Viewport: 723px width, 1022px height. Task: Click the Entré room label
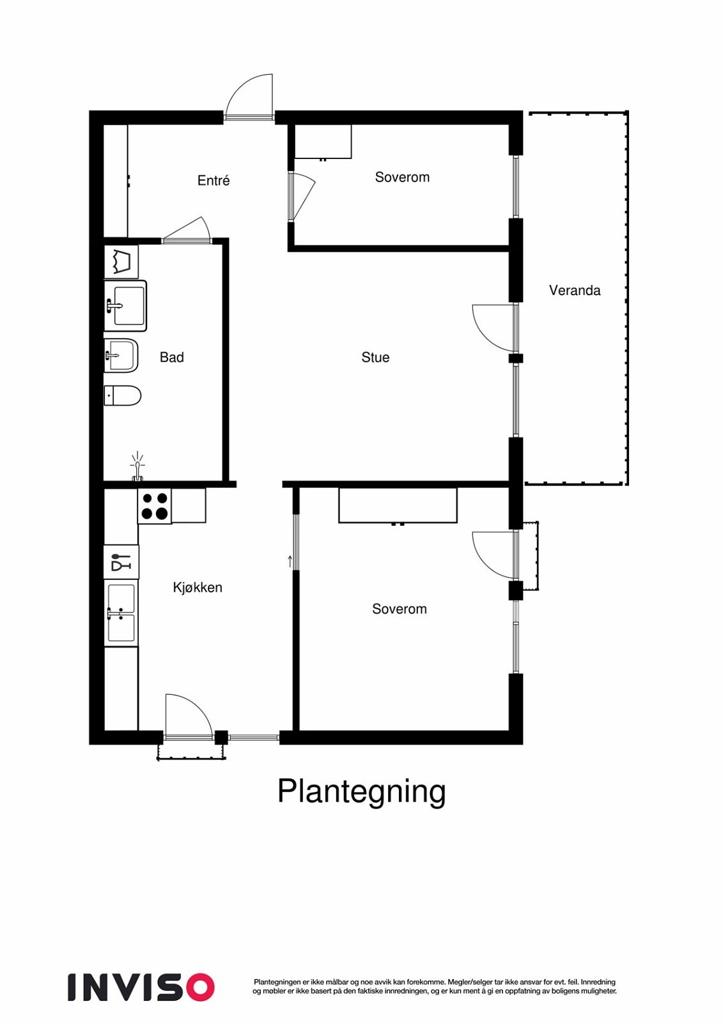coord(214,181)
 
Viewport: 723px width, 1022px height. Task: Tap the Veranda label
coord(575,291)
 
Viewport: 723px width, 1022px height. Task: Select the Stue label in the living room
coord(375,358)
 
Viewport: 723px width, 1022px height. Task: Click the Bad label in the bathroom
coord(171,358)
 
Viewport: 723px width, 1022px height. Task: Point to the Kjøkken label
coord(198,588)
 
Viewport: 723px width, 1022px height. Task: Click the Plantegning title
coord(361,791)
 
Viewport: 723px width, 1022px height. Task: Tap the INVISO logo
coord(141,988)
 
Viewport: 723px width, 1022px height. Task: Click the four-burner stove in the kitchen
coord(155,506)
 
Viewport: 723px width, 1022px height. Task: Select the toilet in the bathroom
coord(123,396)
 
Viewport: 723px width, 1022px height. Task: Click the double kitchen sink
coord(121,613)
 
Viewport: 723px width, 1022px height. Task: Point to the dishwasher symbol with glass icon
coord(121,562)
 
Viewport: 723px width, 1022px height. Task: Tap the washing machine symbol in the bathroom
coord(121,262)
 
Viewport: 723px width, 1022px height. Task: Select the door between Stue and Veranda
coord(494,327)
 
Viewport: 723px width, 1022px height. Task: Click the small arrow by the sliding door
coord(290,562)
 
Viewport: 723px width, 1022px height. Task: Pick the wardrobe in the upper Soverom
coord(323,142)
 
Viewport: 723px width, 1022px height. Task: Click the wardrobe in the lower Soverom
coord(398,505)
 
